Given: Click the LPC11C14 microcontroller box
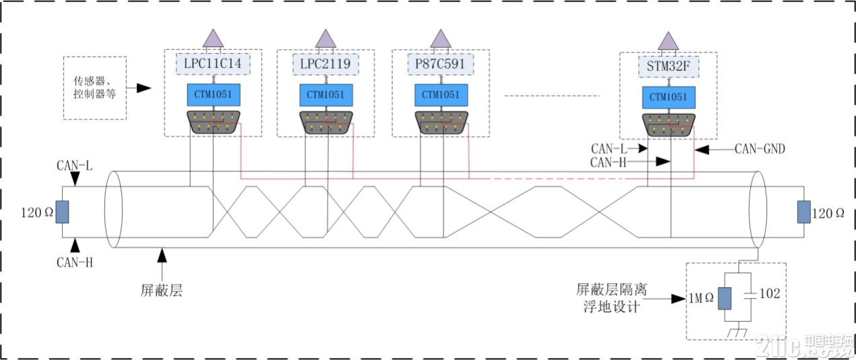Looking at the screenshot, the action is (213, 64).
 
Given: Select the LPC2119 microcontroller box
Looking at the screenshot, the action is (326, 64).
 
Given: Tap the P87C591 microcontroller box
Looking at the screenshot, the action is (441, 64).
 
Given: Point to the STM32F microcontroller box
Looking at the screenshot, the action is (669, 67).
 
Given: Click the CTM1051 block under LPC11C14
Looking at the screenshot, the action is (214, 95).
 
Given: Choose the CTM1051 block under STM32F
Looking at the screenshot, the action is (669, 98).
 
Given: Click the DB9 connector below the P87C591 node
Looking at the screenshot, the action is (441, 122).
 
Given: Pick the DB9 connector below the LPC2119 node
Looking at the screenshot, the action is (326, 122).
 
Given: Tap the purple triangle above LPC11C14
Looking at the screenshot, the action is (213, 39).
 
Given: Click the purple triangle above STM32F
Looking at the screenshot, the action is (669, 42).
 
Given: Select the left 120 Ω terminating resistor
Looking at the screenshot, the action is (62, 212).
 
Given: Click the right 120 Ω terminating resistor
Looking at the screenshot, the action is (803, 212).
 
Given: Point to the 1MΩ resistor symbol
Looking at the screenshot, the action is (725, 299).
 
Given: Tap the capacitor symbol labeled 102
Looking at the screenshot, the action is (750, 295).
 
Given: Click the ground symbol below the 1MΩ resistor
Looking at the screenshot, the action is (737, 333).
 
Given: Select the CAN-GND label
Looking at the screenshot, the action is (760, 149).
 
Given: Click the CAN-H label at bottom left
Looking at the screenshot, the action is (75, 262).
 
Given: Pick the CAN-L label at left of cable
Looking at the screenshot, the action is (75, 165).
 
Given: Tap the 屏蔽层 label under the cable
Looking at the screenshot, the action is (162, 291).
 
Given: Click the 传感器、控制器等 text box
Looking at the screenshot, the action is (95, 88).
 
